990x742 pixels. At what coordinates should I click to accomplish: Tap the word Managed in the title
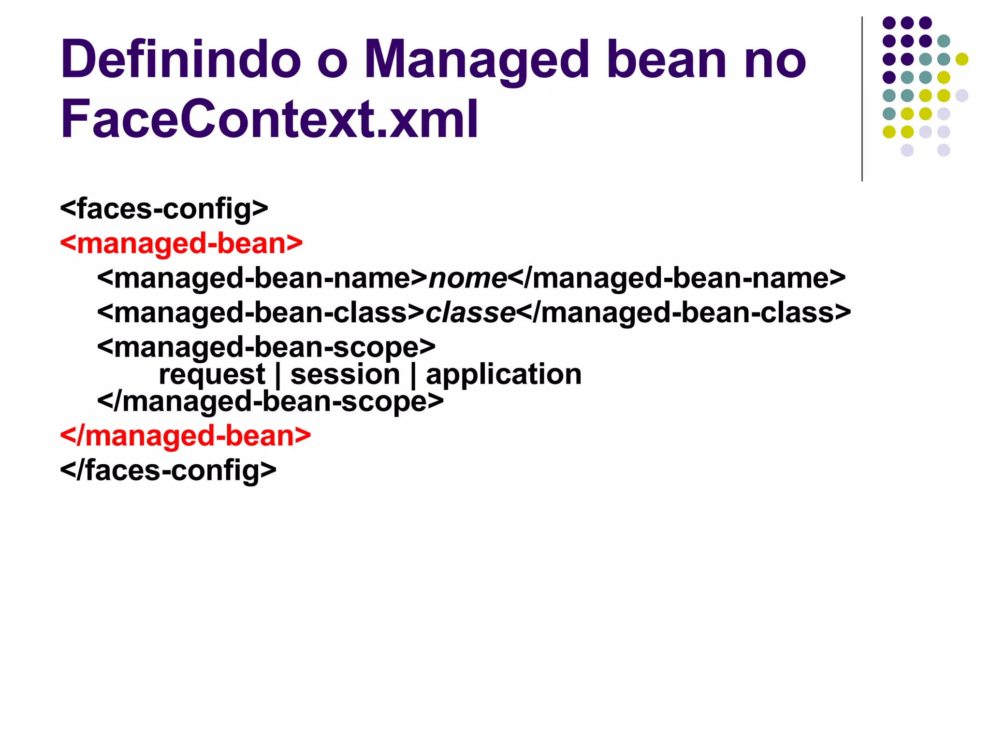coord(476,60)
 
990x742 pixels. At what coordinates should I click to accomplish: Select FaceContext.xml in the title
coord(269,118)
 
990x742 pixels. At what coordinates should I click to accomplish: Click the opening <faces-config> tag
coord(164,209)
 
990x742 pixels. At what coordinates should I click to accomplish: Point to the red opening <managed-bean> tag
coord(181,243)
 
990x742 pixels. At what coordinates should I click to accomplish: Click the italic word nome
coord(467,278)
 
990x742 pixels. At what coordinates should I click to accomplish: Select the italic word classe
coord(470,313)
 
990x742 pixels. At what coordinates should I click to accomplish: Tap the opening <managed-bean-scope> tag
coord(266,347)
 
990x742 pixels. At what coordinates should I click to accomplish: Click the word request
coord(212,374)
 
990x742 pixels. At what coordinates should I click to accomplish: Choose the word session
coord(345,374)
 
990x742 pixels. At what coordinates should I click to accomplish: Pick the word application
coord(504,374)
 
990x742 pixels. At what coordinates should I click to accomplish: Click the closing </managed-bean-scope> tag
coord(270,401)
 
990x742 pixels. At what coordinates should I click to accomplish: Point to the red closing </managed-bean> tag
coord(185,436)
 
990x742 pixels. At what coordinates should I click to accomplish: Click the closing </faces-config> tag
coord(168,471)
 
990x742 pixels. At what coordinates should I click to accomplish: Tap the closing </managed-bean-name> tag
coord(676,278)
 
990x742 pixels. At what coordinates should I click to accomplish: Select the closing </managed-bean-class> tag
coord(684,313)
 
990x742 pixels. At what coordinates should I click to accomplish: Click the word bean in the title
coord(667,59)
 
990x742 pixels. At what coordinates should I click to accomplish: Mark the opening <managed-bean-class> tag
coord(261,313)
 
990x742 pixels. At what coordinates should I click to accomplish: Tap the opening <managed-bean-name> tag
coord(262,278)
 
